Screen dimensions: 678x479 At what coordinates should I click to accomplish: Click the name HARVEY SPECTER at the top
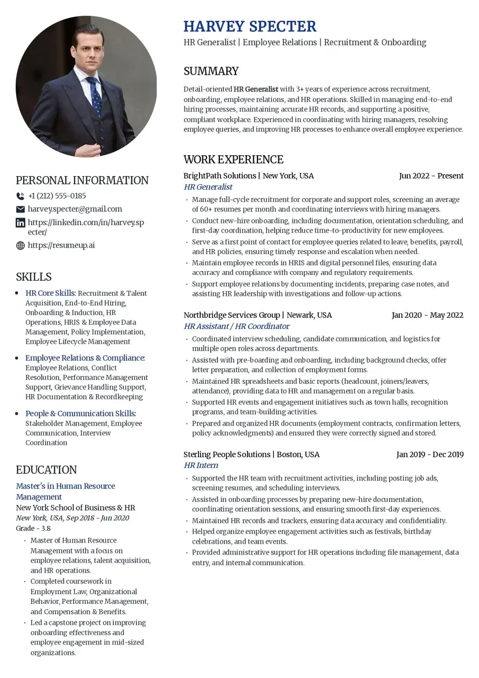pyautogui.click(x=250, y=27)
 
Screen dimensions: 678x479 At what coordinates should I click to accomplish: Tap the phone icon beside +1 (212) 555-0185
pyautogui.click(x=20, y=196)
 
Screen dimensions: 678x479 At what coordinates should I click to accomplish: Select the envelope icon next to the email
pyautogui.click(x=20, y=209)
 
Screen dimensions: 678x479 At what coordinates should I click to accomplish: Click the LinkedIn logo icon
pyautogui.click(x=20, y=223)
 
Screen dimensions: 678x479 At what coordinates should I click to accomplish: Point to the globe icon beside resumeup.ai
pyautogui.click(x=20, y=245)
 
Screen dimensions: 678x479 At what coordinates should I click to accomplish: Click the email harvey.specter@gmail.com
pyautogui.click(x=75, y=209)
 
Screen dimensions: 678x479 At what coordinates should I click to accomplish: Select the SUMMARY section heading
pyautogui.click(x=211, y=71)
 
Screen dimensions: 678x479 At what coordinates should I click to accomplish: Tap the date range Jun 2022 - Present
pyautogui.click(x=431, y=176)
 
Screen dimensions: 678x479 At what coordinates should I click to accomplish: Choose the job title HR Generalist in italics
pyautogui.click(x=208, y=187)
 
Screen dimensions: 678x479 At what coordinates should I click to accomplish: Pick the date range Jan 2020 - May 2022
pyautogui.click(x=427, y=316)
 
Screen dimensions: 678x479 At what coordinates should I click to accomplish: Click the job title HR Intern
pyautogui.click(x=201, y=466)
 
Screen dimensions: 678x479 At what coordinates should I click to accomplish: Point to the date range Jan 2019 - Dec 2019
pyautogui.click(x=429, y=455)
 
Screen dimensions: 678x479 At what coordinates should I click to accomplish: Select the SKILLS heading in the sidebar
pyautogui.click(x=34, y=277)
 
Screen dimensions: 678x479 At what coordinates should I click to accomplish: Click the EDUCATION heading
pyautogui.click(x=46, y=470)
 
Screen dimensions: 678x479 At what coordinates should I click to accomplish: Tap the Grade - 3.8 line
pyautogui.click(x=33, y=529)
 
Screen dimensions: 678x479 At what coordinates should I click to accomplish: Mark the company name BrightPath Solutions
pyautogui.click(x=219, y=176)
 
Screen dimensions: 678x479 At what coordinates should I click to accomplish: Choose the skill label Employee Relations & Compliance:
pyautogui.click(x=85, y=358)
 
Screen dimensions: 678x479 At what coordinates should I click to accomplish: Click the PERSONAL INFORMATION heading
pyautogui.click(x=82, y=180)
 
